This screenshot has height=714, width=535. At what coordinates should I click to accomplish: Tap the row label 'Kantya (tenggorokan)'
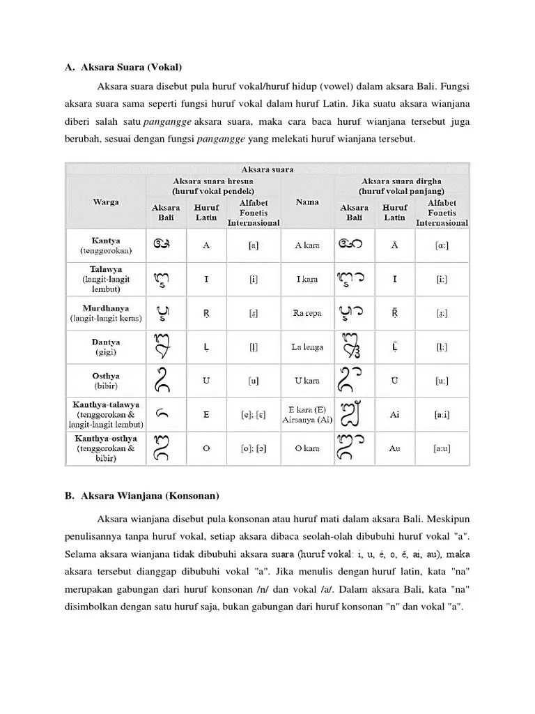pyautogui.click(x=106, y=245)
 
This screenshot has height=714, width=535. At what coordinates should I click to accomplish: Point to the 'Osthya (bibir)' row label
pyautogui.click(x=106, y=380)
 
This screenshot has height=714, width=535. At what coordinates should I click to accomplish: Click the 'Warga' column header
pyautogui.click(x=106, y=202)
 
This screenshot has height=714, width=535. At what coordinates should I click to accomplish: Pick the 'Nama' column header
pyautogui.click(x=307, y=202)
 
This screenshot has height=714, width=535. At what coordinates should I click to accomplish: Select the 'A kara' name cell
pyautogui.click(x=307, y=245)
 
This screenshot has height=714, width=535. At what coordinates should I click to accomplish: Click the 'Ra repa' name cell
pyautogui.click(x=307, y=313)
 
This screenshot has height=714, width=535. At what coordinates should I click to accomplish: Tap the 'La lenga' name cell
pyautogui.click(x=307, y=347)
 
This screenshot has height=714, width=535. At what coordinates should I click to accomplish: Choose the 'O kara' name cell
pyautogui.click(x=307, y=448)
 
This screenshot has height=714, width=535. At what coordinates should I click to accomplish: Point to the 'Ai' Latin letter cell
pyautogui.click(x=395, y=414)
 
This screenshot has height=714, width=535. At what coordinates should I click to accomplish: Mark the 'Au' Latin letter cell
pyautogui.click(x=395, y=448)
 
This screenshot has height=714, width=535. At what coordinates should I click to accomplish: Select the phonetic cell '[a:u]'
pyautogui.click(x=442, y=448)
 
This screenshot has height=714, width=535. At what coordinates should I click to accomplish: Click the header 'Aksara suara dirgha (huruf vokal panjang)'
pyautogui.click(x=402, y=185)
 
